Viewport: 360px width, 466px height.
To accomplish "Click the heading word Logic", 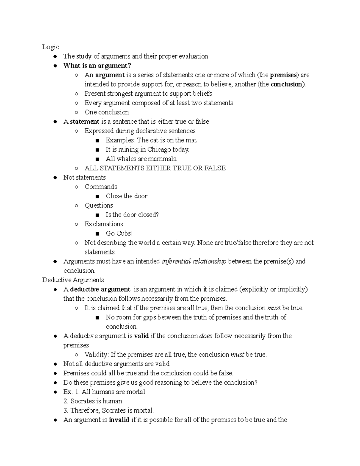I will click(x=50, y=47).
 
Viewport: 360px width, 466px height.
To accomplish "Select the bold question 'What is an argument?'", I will click(x=97, y=66).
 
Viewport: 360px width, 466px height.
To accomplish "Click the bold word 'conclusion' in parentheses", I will click(x=286, y=84).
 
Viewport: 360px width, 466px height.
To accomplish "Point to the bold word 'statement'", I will click(x=84, y=122).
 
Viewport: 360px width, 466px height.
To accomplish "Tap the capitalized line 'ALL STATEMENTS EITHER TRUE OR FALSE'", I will click(x=155, y=168).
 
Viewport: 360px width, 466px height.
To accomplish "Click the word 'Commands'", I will click(x=101, y=187).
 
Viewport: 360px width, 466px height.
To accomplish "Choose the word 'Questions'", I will click(x=99, y=205).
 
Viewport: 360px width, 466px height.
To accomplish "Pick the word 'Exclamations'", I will click(x=103, y=224).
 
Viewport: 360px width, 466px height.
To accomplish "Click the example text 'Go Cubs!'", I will click(x=119, y=233).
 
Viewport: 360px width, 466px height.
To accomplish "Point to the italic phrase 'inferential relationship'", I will click(x=194, y=261).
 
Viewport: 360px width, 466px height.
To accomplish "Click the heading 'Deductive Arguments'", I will click(x=73, y=280).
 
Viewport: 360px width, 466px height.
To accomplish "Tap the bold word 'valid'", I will click(x=141, y=336).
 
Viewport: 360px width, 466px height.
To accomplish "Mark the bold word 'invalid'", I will click(x=119, y=420).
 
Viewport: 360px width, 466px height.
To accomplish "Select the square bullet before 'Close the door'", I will click(x=97, y=197).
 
